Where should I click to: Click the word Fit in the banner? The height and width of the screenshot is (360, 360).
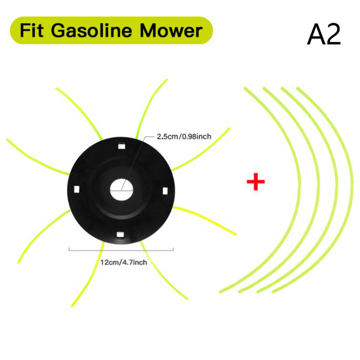[x=31, y=30]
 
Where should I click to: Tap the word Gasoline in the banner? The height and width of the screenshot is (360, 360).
[x=91, y=30]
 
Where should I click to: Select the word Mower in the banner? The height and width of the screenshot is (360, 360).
[x=171, y=31]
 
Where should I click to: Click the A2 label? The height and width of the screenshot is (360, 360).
[x=324, y=35]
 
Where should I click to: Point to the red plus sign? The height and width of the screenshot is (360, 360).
[x=256, y=182]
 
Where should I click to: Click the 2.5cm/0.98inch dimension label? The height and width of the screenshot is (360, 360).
[x=184, y=137]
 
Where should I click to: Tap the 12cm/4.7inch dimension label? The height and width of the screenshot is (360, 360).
[x=123, y=262]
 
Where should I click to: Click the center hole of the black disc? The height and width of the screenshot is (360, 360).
[x=121, y=190]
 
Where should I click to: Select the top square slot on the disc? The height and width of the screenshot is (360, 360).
[x=121, y=146]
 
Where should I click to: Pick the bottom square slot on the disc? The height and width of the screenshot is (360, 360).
[x=120, y=234]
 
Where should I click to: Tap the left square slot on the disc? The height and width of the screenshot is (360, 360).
[x=76, y=189]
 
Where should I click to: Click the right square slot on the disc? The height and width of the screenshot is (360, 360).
[x=165, y=191]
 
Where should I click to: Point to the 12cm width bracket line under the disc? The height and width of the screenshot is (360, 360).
[x=121, y=250]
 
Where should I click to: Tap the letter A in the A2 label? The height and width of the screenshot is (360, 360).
[x=316, y=35]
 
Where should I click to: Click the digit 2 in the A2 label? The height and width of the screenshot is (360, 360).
[x=333, y=35]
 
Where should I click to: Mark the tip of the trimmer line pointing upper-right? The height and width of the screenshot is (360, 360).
[x=229, y=128]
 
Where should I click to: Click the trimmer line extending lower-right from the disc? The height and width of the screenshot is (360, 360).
[x=205, y=220]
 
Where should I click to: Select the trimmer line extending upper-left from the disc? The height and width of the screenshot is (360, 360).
[x=78, y=114]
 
